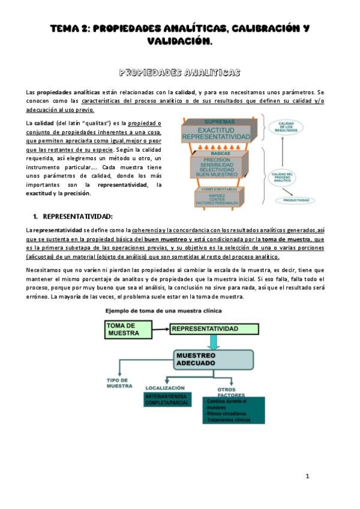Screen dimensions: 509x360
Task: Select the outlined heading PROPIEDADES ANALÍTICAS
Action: pyautogui.click(x=180, y=73)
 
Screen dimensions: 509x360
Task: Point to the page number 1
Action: pyautogui.click(x=307, y=476)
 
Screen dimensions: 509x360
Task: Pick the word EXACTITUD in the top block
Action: pyautogui.click(x=215, y=130)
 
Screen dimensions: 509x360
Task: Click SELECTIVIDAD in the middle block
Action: pyautogui.click(x=215, y=170)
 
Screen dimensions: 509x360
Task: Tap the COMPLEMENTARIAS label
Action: pyautogui.click(x=217, y=190)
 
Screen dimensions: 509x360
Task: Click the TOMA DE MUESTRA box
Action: pyautogui.click(x=128, y=329)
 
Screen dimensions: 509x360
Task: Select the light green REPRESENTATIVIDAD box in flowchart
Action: pyautogui.click(x=214, y=329)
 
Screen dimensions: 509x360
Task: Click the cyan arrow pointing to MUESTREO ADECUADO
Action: pyautogui.click(x=214, y=343)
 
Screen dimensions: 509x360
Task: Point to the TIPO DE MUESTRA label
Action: pyautogui.click(x=119, y=384)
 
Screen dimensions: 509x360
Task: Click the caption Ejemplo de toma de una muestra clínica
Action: pyautogui.click(x=163, y=311)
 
